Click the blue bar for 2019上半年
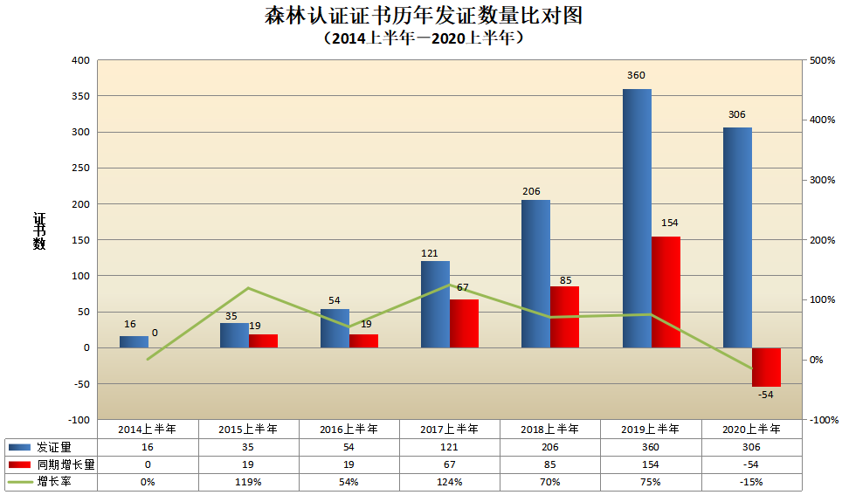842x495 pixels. (637, 218)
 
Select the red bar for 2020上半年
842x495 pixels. (766, 367)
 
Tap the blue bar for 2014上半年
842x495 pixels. (134, 341)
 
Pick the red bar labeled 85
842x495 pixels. (564, 317)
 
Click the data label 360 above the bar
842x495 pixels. (636, 75)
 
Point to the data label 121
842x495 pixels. (429, 253)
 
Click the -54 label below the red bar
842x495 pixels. (765, 395)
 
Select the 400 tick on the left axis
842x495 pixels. (81, 60)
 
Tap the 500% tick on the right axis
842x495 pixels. (823, 60)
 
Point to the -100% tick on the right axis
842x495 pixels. (824, 420)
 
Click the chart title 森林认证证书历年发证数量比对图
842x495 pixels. (423, 17)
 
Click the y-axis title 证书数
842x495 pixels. (39, 231)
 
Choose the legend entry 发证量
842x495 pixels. (53, 446)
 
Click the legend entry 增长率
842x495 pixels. (53, 482)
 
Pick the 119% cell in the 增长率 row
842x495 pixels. (248, 482)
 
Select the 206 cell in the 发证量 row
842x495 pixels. (550, 446)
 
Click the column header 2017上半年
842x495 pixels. (450, 429)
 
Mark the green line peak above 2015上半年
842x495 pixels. (248, 288)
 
